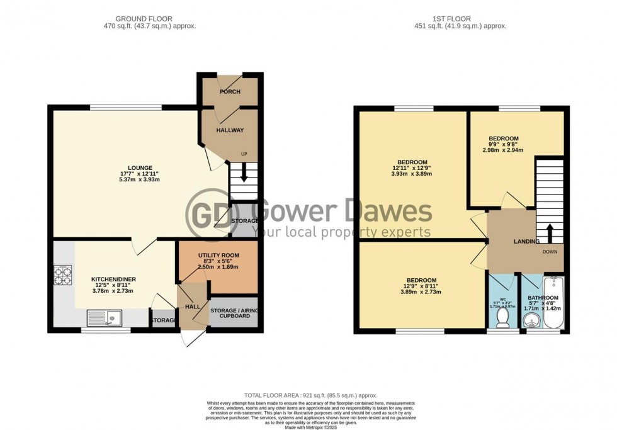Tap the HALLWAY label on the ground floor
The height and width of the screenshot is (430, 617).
[230, 130]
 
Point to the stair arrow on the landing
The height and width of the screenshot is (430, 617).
[548, 232]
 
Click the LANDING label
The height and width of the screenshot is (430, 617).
[526, 241]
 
